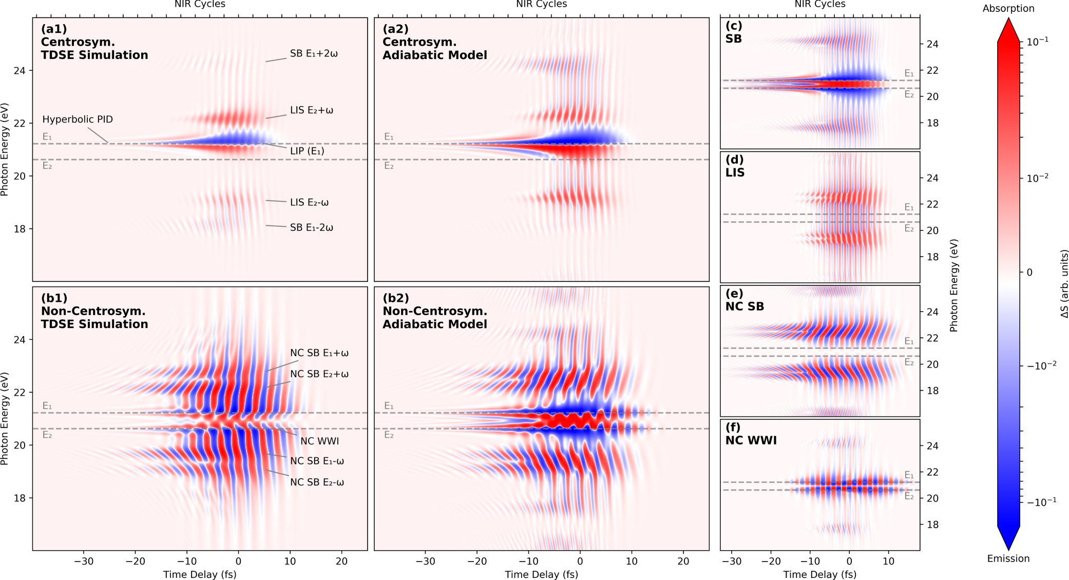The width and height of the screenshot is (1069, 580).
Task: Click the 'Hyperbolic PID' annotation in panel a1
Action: click(x=78, y=119)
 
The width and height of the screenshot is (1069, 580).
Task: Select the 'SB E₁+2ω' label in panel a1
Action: click(x=314, y=53)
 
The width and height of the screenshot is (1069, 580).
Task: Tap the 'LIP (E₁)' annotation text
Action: click(x=307, y=151)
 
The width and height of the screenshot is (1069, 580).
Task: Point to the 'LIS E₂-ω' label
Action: click(x=309, y=202)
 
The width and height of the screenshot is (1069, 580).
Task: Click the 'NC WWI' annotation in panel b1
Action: click(x=319, y=441)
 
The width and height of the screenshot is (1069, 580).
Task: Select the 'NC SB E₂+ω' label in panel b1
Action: click(x=319, y=374)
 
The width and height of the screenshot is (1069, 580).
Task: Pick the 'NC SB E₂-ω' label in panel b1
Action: click(x=317, y=482)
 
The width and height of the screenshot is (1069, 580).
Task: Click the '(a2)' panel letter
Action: click(x=395, y=29)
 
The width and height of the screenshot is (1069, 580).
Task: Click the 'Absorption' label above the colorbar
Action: click(x=1008, y=8)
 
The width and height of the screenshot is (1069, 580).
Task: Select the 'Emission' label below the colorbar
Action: click(x=1008, y=558)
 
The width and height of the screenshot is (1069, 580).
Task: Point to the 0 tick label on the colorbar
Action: click(x=1029, y=273)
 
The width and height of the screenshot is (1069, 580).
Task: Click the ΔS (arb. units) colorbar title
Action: click(x=1064, y=283)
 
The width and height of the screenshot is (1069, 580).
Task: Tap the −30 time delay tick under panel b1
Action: click(x=84, y=561)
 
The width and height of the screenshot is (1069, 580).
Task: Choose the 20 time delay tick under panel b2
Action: click(x=683, y=561)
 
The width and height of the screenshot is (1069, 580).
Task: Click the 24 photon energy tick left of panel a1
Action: click(x=20, y=70)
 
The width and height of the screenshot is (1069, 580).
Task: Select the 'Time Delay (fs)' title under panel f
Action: click(x=819, y=574)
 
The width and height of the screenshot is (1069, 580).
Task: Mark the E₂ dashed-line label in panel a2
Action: click(x=389, y=166)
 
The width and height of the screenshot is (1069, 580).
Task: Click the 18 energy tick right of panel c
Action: click(x=932, y=123)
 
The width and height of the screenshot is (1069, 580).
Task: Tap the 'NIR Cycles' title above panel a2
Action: click(x=541, y=4)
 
